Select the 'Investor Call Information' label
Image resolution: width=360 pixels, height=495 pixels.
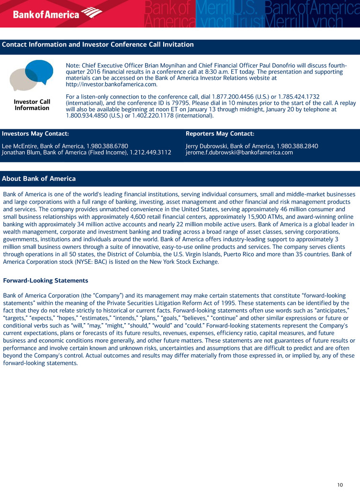pyautogui.click(x=32, y=105)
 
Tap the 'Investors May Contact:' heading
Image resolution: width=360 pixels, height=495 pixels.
pyautogui.click(x=35, y=134)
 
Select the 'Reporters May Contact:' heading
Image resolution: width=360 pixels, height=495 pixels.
pyautogui.click(x=220, y=134)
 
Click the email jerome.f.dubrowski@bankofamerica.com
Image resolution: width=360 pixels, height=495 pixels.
pyautogui.click(x=239, y=153)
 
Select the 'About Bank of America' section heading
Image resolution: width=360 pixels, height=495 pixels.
pyautogui.click(x=39, y=179)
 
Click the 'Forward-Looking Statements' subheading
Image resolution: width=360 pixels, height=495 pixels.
pyautogui.click(x=45, y=280)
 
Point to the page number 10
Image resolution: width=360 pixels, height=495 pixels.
pyautogui.click(x=340, y=485)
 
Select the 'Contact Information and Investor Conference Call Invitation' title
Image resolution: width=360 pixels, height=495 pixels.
pyautogui.click(x=98, y=45)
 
